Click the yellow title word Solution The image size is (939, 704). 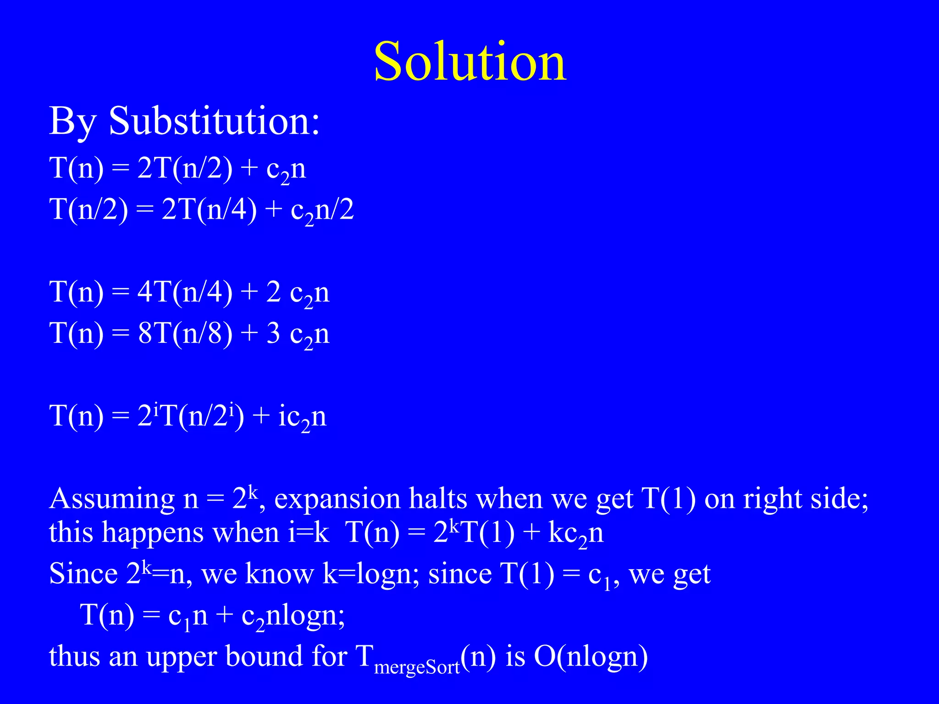coord(470,61)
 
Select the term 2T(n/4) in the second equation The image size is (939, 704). coord(209,209)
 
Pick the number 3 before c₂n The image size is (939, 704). coord(273,333)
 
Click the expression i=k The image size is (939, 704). coord(309,533)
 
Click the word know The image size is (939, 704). coord(280,573)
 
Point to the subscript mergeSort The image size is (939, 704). coord(417,667)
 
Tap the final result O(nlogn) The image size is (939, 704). coord(591,657)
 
